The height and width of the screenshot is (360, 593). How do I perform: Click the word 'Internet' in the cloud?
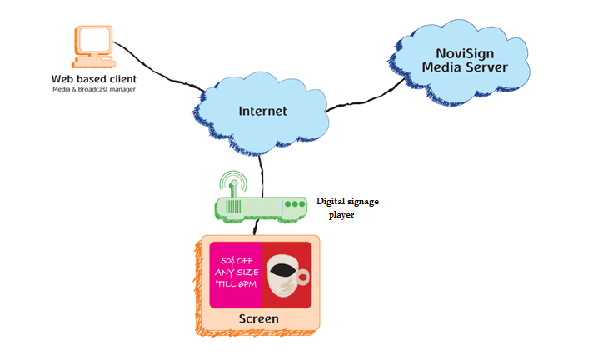click(262, 111)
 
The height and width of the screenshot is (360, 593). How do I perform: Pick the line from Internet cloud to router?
click(264, 171)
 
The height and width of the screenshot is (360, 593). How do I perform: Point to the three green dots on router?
click(294, 204)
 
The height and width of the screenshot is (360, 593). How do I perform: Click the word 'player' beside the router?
click(341, 214)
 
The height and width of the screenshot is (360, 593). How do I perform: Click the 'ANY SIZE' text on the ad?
click(237, 272)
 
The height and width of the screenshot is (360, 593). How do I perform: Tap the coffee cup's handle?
click(304, 276)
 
